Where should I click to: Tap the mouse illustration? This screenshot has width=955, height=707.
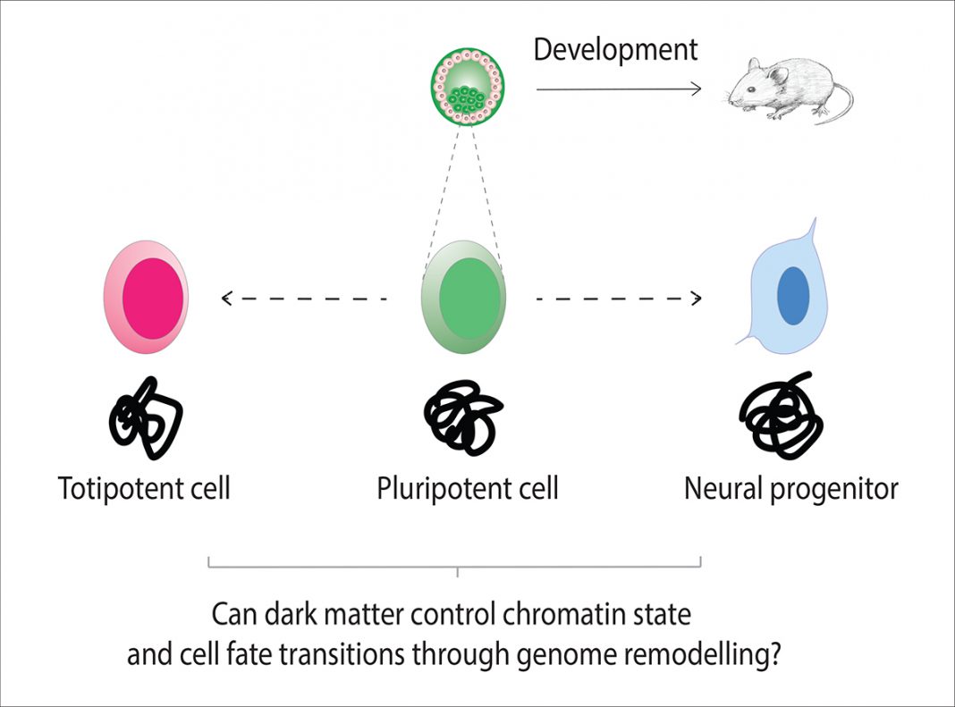point(790,90)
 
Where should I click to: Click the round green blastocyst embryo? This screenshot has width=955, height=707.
point(467,87)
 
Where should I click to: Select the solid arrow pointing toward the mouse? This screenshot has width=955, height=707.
point(619,89)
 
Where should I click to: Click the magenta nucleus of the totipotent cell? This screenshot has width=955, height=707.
point(153,299)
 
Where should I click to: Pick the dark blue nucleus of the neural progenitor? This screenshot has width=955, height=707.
point(793,296)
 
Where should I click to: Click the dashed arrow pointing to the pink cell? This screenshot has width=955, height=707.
point(304,299)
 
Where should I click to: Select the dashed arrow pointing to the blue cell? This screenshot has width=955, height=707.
point(619,299)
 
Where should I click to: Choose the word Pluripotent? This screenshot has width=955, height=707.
point(435,488)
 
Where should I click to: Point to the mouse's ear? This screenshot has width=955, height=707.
point(776,74)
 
